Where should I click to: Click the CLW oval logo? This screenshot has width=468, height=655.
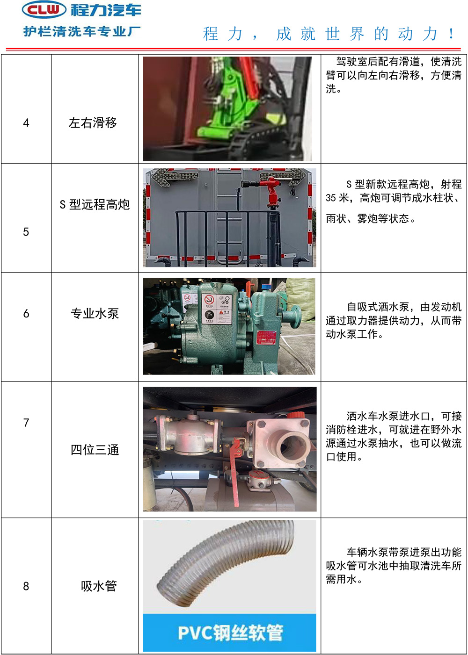[x=44, y=10]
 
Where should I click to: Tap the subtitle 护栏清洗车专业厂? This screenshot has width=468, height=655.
[x=82, y=31]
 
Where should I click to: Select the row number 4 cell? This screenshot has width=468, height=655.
[x=26, y=122]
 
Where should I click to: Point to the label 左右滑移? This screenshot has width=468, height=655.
[x=93, y=122]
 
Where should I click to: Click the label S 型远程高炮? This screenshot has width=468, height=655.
[x=95, y=204]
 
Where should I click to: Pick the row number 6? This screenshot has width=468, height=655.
[x=26, y=313]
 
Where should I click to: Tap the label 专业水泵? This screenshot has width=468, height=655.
[x=95, y=313]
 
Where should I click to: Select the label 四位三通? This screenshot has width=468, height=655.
[x=95, y=450]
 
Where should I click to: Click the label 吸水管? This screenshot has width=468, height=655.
[x=99, y=586]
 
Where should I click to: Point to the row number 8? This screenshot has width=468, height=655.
[x=26, y=586]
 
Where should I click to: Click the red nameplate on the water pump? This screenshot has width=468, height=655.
[x=266, y=338]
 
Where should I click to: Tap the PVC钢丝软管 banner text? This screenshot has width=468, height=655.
[x=230, y=633]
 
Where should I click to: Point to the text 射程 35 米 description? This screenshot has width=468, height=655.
[x=394, y=191]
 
